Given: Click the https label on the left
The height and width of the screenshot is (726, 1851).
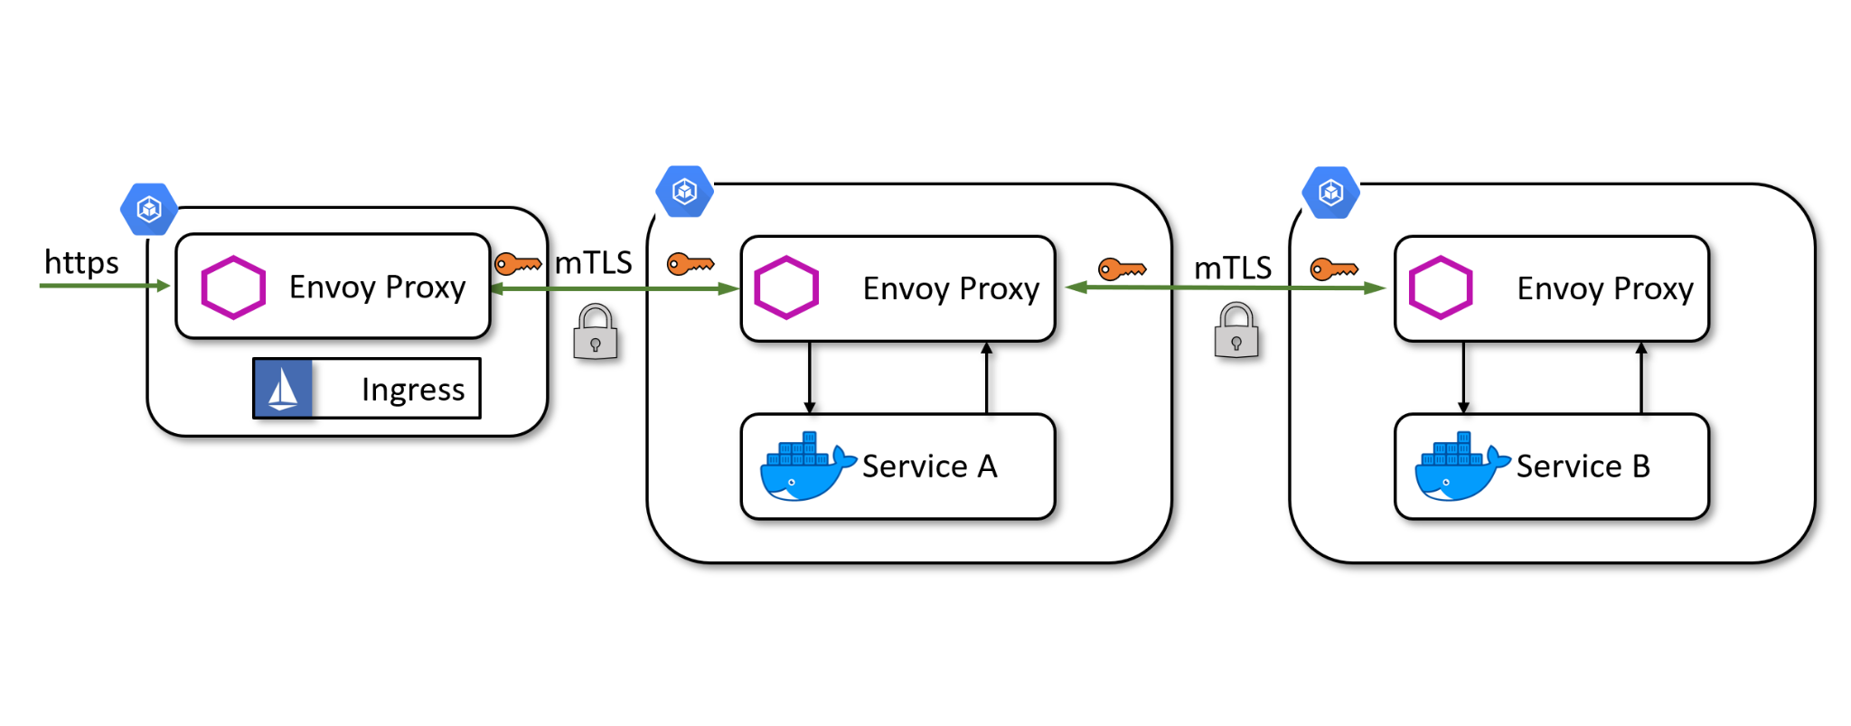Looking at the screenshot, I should (81, 263).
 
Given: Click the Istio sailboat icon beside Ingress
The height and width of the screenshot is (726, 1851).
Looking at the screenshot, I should (283, 389).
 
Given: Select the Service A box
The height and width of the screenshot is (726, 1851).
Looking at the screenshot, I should (897, 467).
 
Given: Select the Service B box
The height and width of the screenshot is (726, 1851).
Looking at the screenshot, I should (1551, 467).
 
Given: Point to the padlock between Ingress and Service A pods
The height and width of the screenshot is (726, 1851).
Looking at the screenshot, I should (596, 333).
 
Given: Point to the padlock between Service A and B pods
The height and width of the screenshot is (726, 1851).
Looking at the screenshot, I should (1236, 332).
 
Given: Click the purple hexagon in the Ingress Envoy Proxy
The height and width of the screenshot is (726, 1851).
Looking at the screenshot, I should (233, 288).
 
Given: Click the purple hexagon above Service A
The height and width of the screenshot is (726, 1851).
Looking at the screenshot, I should (786, 288).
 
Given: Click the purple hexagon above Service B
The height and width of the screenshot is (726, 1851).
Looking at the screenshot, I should (1441, 288).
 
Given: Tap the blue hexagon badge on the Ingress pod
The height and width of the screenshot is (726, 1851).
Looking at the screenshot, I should (149, 210).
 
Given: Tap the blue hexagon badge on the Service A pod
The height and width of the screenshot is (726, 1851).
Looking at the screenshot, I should (685, 192).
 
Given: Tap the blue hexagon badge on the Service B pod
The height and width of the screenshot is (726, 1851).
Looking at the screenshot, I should (1330, 193).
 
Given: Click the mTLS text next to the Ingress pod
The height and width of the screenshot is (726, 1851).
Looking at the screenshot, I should (593, 263).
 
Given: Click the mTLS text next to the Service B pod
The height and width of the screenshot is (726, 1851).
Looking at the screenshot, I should (1232, 269).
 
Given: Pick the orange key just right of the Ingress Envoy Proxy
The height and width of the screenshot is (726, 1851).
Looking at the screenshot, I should (518, 264).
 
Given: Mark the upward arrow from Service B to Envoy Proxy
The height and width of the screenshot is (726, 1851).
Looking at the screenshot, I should (1641, 377).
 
